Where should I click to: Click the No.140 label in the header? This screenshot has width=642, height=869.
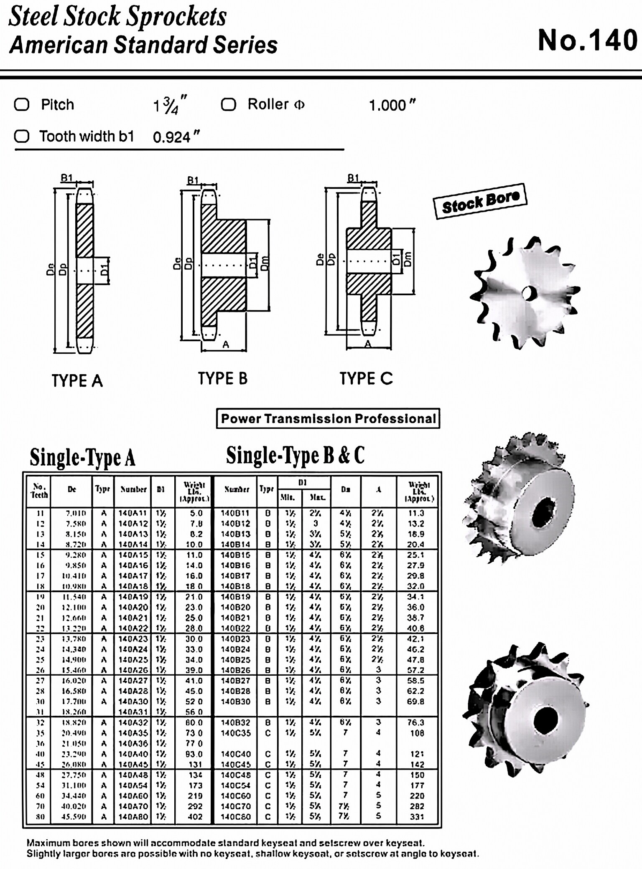click(587, 41)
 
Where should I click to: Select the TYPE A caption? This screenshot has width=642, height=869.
click(77, 380)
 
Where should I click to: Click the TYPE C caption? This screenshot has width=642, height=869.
click(366, 378)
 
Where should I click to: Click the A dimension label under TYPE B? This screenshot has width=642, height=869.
click(226, 345)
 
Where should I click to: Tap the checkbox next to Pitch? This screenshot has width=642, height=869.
click(22, 104)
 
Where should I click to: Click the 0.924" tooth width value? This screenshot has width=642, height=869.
click(176, 137)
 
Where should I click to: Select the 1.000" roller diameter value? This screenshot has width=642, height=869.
click(392, 105)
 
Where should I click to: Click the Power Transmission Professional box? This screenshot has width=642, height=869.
click(328, 418)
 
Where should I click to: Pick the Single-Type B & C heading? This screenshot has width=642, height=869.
click(295, 456)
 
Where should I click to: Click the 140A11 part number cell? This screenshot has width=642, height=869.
click(132, 513)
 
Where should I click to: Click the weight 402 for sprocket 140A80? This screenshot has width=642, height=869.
click(195, 816)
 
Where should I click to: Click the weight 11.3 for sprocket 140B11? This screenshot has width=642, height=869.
click(415, 513)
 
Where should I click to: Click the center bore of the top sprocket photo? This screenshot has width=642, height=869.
click(528, 293)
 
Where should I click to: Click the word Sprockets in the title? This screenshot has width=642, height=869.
click(176, 17)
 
